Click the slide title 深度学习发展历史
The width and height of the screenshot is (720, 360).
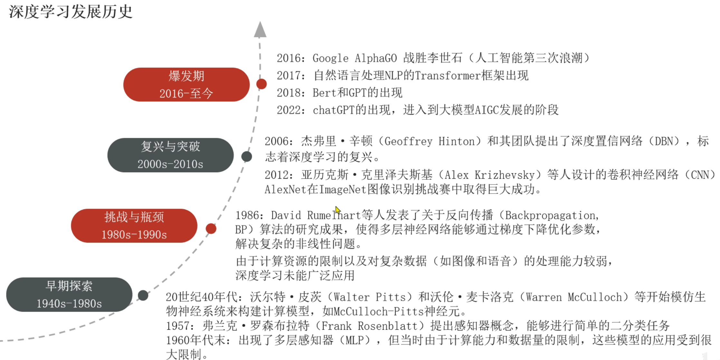click(x=71, y=12)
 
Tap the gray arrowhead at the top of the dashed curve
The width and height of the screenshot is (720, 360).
click(x=260, y=30)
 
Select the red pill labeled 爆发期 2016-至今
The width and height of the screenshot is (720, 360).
click(x=186, y=85)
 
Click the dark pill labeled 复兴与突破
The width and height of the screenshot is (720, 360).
click(x=170, y=155)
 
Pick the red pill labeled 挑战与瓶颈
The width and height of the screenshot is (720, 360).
click(x=134, y=226)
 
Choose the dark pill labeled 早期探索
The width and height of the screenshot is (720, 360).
click(x=69, y=295)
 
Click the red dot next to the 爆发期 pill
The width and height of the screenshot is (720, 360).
click(x=261, y=84)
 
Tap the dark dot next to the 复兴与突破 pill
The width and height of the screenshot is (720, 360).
click(x=247, y=156)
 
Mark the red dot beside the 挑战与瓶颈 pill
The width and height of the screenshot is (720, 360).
click(x=211, y=229)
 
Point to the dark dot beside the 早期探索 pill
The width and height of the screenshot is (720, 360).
click(x=143, y=295)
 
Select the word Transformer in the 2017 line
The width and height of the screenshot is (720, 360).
click(x=448, y=76)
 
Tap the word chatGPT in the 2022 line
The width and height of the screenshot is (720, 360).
click(x=334, y=110)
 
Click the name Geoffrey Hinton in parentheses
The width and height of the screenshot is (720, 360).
click(x=430, y=141)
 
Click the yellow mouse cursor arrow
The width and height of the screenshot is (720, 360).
click(x=337, y=210)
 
